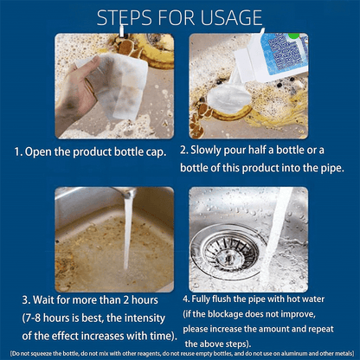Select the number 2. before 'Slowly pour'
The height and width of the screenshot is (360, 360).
pos(184,149)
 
